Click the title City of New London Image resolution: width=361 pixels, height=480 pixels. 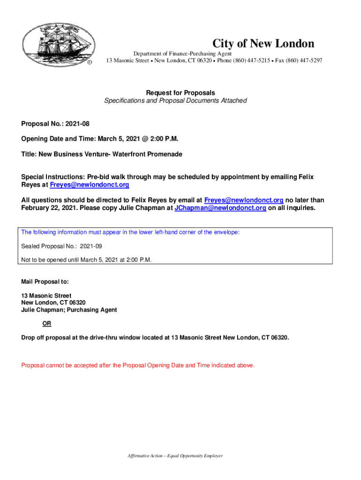[x=263, y=44]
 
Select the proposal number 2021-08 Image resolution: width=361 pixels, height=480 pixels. [x=77, y=124]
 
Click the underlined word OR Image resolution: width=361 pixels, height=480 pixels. [x=47, y=324]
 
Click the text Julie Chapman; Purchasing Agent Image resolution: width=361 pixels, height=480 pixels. [x=69, y=310]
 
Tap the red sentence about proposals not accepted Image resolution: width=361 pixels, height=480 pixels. [x=138, y=365]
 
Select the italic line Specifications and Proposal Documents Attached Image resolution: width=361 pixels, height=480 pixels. [x=175, y=101]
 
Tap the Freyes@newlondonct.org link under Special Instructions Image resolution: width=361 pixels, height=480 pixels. [x=90, y=185]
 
